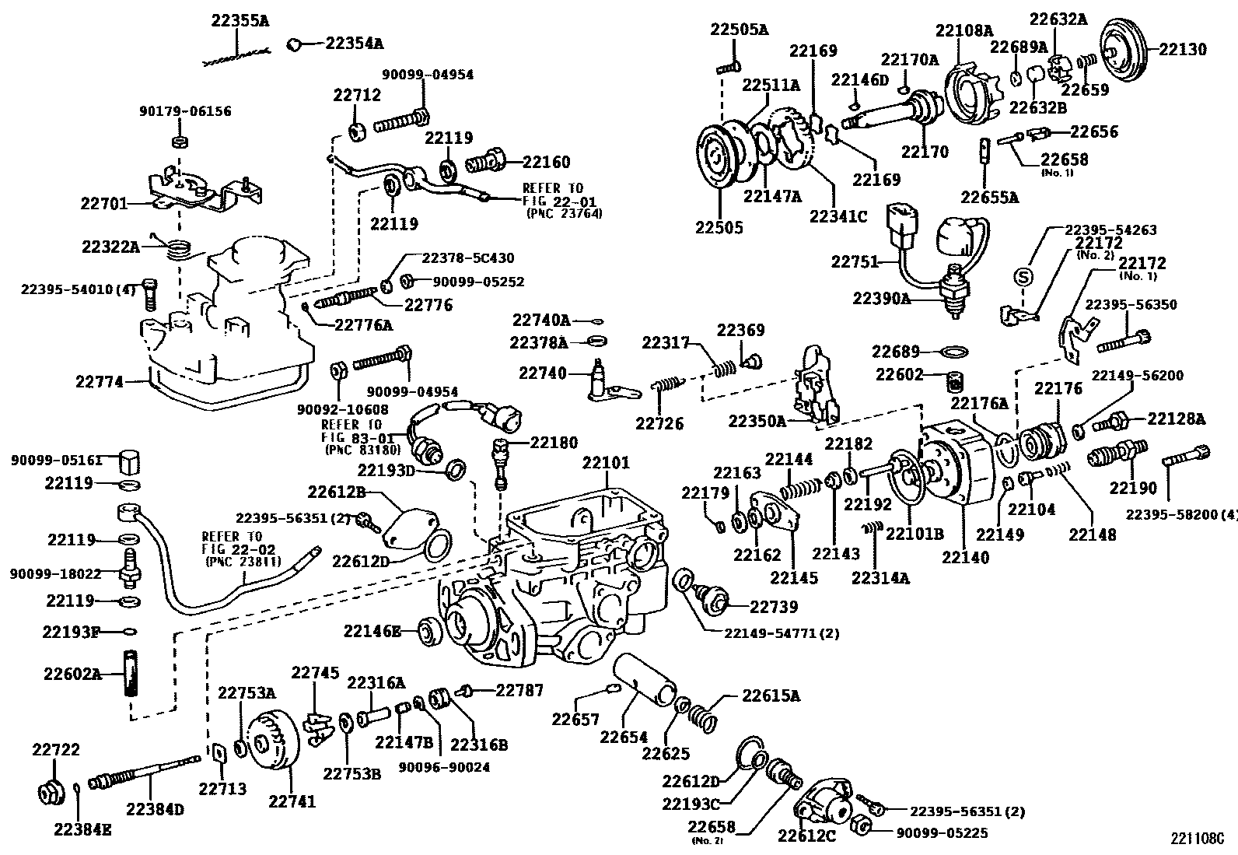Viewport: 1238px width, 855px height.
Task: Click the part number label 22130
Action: click(x=1183, y=50)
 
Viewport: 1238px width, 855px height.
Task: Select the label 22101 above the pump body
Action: click(x=606, y=464)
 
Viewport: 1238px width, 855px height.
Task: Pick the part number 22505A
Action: click(x=738, y=30)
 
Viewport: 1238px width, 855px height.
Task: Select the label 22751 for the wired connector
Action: click(x=855, y=261)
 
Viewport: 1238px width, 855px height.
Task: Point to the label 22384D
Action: click(x=153, y=809)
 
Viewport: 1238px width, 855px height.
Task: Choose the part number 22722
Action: click(x=55, y=749)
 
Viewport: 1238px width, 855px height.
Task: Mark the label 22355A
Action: click(x=240, y=21)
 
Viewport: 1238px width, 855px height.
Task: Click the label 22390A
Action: click(x=881, y=298)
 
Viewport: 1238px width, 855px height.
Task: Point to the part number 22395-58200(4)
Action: click(x=1181, y=513)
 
